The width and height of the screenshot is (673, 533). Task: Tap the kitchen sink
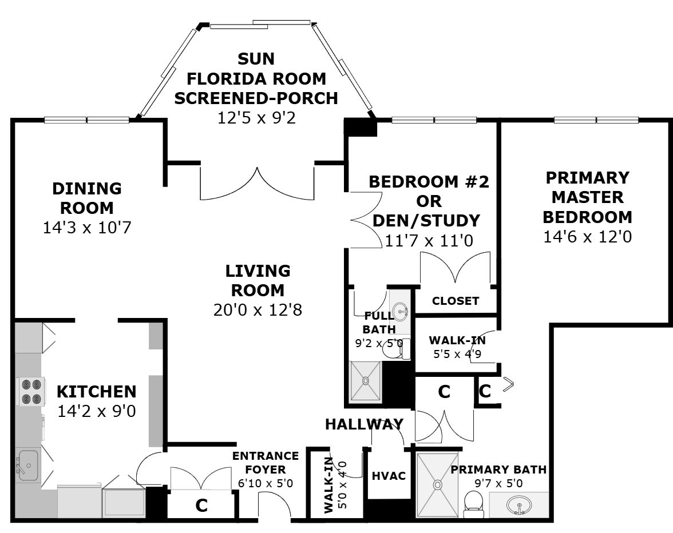[x=28, y=466]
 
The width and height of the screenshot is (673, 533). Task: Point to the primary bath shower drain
[x=437, y=484]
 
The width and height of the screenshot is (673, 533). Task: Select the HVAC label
[x=389, y=476]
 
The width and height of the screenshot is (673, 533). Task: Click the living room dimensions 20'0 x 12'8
[x=258, y=309]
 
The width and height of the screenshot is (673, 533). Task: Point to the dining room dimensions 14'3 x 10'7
[x=87, y=227]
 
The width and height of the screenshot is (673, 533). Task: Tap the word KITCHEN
[x=97, y=392]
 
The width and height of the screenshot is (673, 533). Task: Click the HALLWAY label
[x=364, y=424]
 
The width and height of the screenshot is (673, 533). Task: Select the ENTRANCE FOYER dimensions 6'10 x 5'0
[x=266, y=483]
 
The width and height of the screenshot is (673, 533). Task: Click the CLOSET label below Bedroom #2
[x=456, y=301]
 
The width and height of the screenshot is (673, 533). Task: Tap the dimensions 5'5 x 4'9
[x=457, y=354]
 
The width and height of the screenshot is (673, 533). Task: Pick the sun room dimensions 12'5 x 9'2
[x=256, y=117]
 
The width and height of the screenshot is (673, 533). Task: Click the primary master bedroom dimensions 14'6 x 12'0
[x=588, y=237]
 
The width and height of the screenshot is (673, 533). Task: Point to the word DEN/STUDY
[x=426, y=220]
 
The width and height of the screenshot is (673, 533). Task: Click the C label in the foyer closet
[x=201, y=506]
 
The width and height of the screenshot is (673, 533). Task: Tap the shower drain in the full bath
[x=365, y=380]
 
